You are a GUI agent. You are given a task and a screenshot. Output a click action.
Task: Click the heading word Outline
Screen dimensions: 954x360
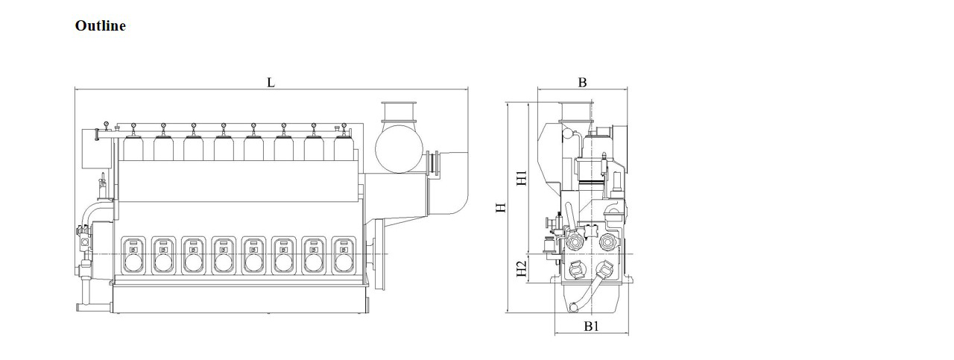click(x=100, y=26)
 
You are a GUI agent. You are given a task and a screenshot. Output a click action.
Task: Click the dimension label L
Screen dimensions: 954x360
click(x=271, y=83)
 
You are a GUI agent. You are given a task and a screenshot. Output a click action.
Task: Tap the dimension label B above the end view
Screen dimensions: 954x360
click(x=582, y=83)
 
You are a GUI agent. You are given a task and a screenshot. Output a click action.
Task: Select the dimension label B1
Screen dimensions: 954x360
click(x=591, y=326)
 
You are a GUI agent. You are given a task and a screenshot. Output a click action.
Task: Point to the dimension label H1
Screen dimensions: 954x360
click(x=522, y=178)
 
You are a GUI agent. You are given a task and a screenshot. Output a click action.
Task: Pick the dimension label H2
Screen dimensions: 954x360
click(x=522, y=268)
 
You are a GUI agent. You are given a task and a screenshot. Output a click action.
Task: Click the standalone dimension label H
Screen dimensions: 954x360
click(x=501, y=207)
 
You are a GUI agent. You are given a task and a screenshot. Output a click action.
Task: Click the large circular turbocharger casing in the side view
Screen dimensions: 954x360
click(x=399, y=148)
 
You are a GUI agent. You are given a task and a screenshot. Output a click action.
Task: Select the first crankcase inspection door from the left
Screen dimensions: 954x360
click(x=133, y=256)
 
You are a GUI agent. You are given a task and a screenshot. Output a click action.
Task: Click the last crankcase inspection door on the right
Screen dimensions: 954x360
click(x=344, y=256)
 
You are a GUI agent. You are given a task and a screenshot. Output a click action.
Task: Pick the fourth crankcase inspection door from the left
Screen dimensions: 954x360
click(x=224, y=256)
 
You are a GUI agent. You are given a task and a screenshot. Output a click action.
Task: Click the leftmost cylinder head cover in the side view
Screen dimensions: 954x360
click(x=133, y=148)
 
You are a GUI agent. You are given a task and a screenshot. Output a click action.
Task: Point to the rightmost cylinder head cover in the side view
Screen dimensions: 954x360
click(x=344, y=148)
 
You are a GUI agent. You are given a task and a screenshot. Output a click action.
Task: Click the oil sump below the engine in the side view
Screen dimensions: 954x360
click(x=240, y=299)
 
